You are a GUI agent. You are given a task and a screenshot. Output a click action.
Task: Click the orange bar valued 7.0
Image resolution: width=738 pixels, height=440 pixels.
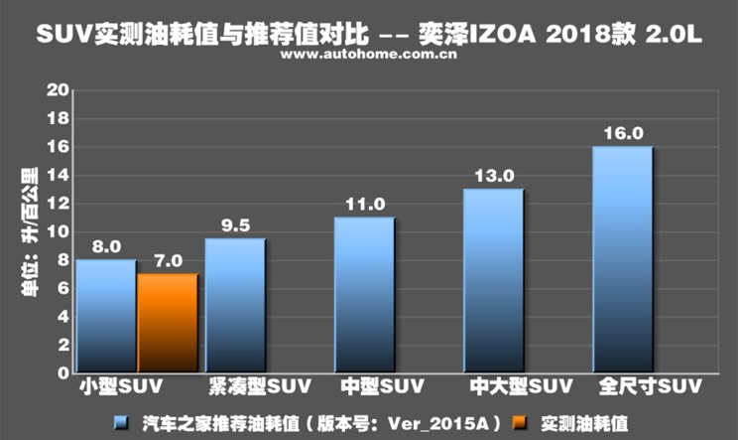(168, 323)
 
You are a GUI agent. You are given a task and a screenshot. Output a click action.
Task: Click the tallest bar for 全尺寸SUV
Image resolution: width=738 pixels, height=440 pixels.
(622, 259)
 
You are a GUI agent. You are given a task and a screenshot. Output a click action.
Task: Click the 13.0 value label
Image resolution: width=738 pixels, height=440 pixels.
(494, 176)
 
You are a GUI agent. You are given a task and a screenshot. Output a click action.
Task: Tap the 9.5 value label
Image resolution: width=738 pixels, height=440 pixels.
(236, 224)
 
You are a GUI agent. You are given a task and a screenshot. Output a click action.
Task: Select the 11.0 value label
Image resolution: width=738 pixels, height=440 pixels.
(365, 204)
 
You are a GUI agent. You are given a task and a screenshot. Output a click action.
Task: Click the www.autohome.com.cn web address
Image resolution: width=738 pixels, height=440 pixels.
(368, 56)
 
